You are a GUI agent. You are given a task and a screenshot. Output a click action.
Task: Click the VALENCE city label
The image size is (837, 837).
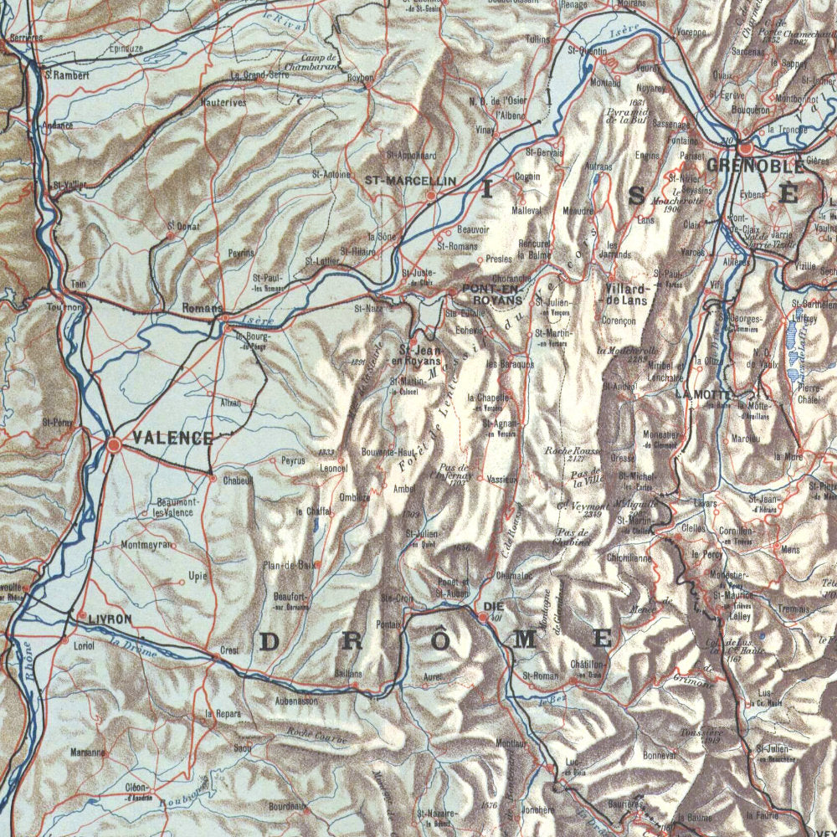point(172,438)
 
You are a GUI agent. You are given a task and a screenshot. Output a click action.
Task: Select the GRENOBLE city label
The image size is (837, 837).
point(754,165)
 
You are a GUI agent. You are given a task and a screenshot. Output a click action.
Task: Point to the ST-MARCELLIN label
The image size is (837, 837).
point(410,180)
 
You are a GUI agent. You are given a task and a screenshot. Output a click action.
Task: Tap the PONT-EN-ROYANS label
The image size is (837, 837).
point(492,294)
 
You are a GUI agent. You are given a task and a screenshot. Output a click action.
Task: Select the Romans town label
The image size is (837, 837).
point(202,308)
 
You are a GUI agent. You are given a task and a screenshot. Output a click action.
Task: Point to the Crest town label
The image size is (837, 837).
point(229,650)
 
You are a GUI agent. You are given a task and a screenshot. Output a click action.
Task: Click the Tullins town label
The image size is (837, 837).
point(538,39)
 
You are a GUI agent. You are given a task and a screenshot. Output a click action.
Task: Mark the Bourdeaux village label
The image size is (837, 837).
point(287,809)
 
